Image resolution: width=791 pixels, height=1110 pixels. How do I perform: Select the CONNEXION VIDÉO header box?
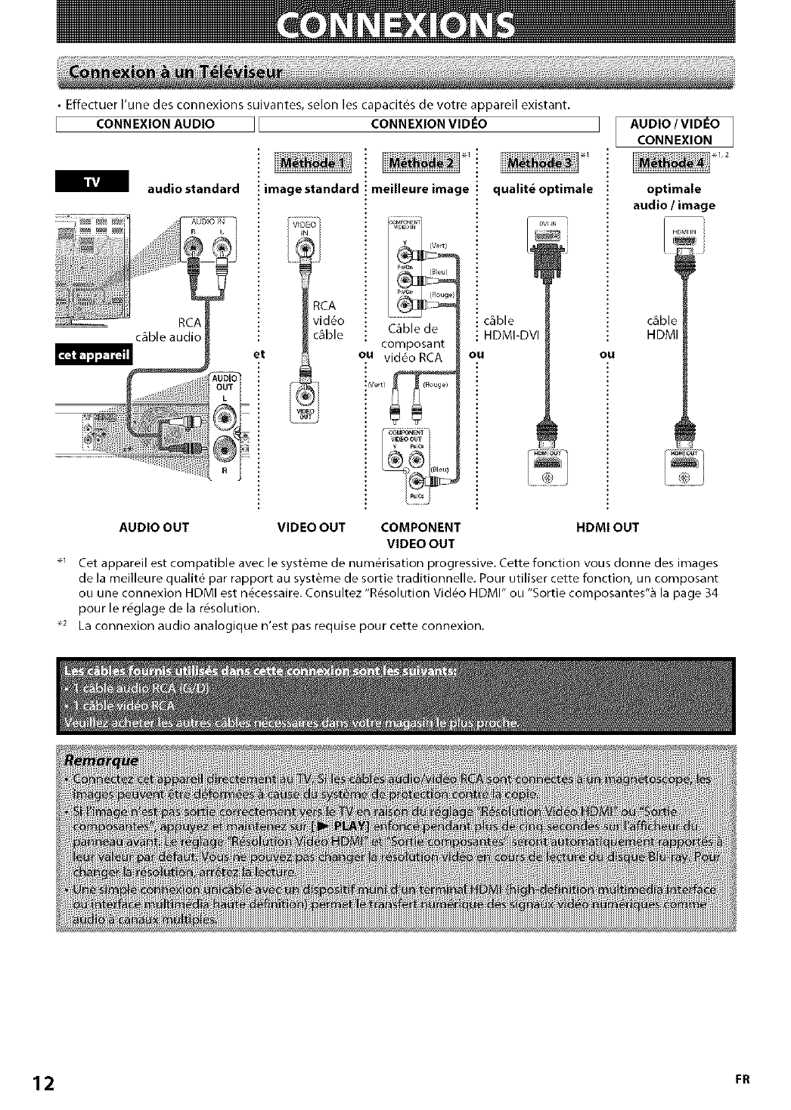point(430,124)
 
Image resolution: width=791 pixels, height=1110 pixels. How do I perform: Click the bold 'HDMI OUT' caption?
point(607,527)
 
